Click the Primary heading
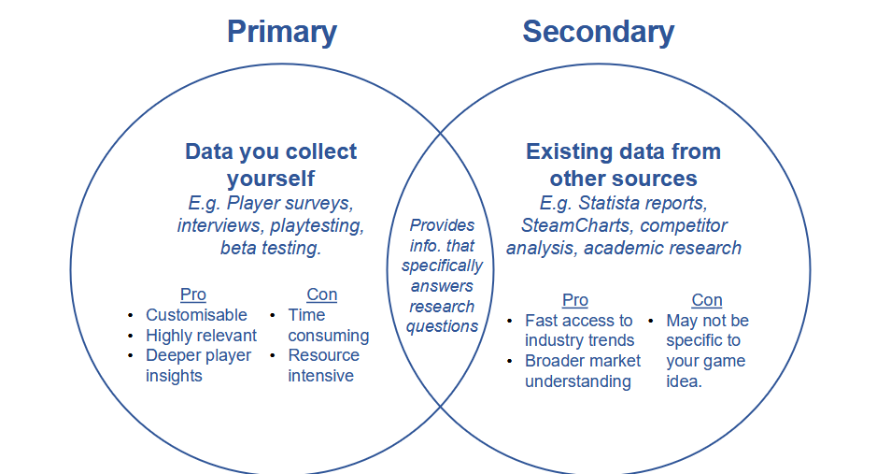coord(282,33)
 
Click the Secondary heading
coord(599,32)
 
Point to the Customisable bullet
coord(196,315)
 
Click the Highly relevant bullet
coord(201,335)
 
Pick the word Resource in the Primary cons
coord(323,355)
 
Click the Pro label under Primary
coord(193,294)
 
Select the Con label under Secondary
coord(707,300)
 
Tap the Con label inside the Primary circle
coord(322,294)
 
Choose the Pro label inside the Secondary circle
coord(575,300)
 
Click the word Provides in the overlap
coord(442,225)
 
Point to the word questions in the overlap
coord(442,326)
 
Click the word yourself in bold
coord(271,179)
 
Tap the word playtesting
coord(317,226)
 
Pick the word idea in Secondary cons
coord(685,381)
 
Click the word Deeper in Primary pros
coord(171,355)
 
